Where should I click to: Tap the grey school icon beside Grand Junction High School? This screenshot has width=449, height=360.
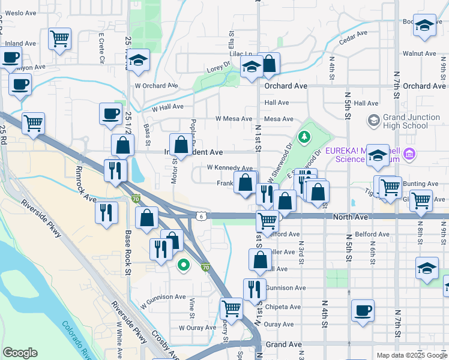373,121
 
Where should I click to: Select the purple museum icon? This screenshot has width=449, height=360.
410,155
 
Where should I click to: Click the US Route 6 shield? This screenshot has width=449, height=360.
200,215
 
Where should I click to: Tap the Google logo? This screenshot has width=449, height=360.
20,353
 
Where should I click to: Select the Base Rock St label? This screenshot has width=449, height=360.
128,252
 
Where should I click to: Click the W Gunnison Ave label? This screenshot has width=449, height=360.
163,296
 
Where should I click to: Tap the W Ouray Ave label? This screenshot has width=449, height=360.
197,328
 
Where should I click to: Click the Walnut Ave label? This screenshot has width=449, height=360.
418,53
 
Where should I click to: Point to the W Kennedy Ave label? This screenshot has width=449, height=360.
229,168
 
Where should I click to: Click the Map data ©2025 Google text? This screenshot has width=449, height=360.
412,355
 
